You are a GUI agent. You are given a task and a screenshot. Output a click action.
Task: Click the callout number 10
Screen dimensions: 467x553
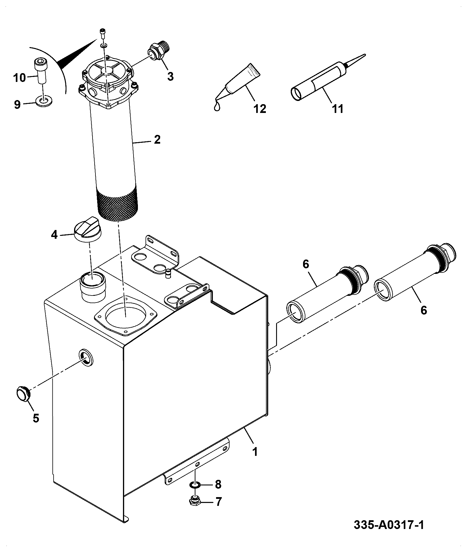[x=20, y=78]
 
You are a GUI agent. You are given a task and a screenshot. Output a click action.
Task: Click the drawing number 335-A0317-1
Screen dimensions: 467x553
[x=389, y=525]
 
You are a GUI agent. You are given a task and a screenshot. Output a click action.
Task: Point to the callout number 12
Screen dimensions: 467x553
[x=260, y=109]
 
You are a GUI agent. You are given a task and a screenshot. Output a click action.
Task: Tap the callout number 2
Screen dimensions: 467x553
[x=157, y=140]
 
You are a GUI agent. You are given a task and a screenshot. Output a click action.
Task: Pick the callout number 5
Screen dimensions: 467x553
[x=36, y=418]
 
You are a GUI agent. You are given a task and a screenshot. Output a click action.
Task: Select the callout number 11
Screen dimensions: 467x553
[x=338, y=109]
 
